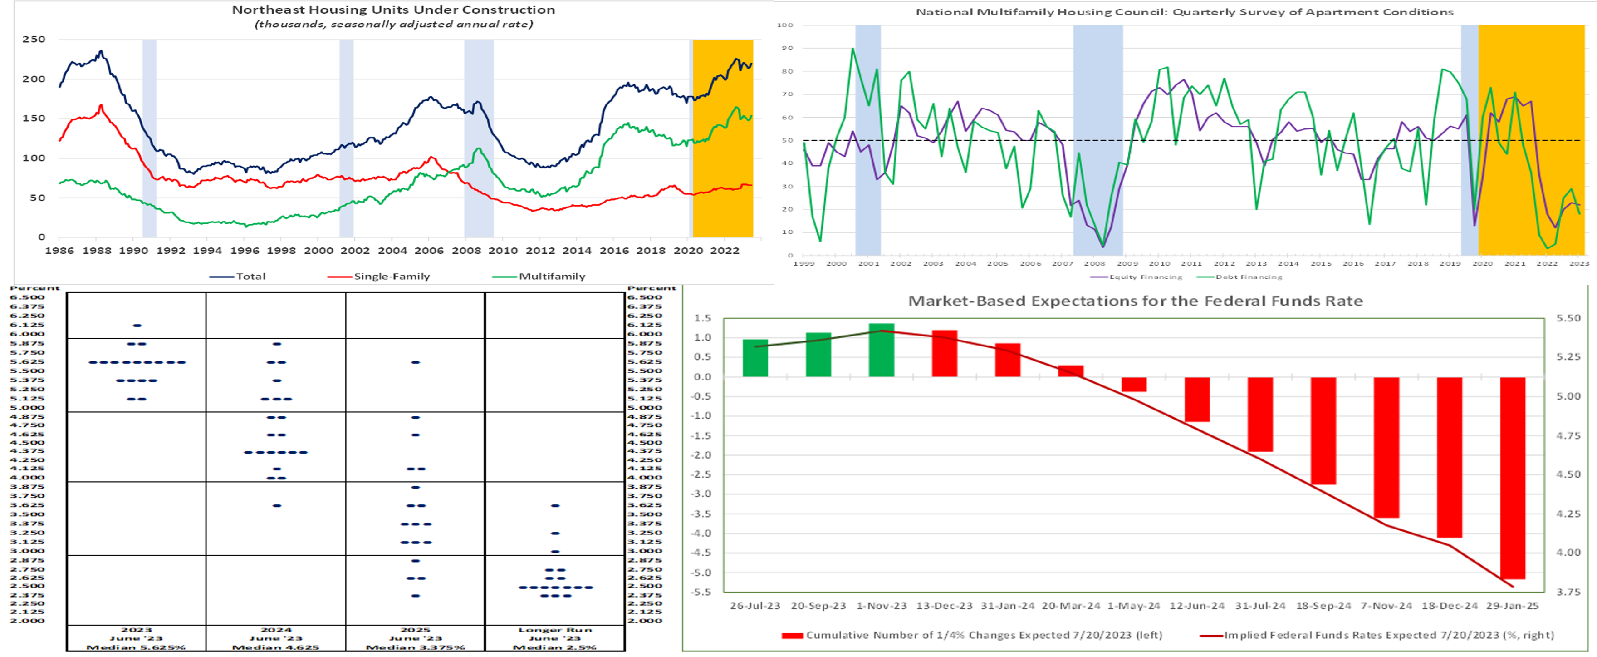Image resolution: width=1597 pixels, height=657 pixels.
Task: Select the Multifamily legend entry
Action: pyautogui.click(x=552, y=276)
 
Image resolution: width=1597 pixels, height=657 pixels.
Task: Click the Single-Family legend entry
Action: pyautogui.click(x=391, y=276)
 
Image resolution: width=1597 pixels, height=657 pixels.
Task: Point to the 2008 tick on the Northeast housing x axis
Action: pyautogui.click(x=466, y=251)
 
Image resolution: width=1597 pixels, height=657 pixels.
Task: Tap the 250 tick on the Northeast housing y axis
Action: pyautogui.click(x=34, y=39)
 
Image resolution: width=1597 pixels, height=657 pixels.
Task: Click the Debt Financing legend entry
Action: pyautogui.click(x=1249, y=277)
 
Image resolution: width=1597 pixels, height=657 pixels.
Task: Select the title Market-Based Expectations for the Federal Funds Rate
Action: pyautogui.click(x=1135, y=301)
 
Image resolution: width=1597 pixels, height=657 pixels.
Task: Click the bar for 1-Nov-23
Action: pyautogui.click(x=881, y=350)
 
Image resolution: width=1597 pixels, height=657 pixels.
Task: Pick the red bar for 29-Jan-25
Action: pyautogui.click(x=1512, y=478)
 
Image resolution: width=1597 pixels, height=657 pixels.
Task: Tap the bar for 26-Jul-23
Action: pyautogui.click(x=755, y=358)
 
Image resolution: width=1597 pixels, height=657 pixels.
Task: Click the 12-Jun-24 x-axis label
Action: pyautogui.click(x=1196, y=606)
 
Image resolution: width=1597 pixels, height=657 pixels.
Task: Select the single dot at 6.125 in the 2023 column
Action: pyautogui.click(x=137, y=325)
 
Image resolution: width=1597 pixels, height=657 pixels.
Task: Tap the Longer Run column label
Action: pyautogui.click(x=555, y=630)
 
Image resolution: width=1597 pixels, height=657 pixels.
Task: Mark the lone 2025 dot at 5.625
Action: pyautogui.click(x=416, y=362)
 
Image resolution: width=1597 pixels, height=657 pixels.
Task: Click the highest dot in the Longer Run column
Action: pyautogui.click(x=555, y=506)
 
